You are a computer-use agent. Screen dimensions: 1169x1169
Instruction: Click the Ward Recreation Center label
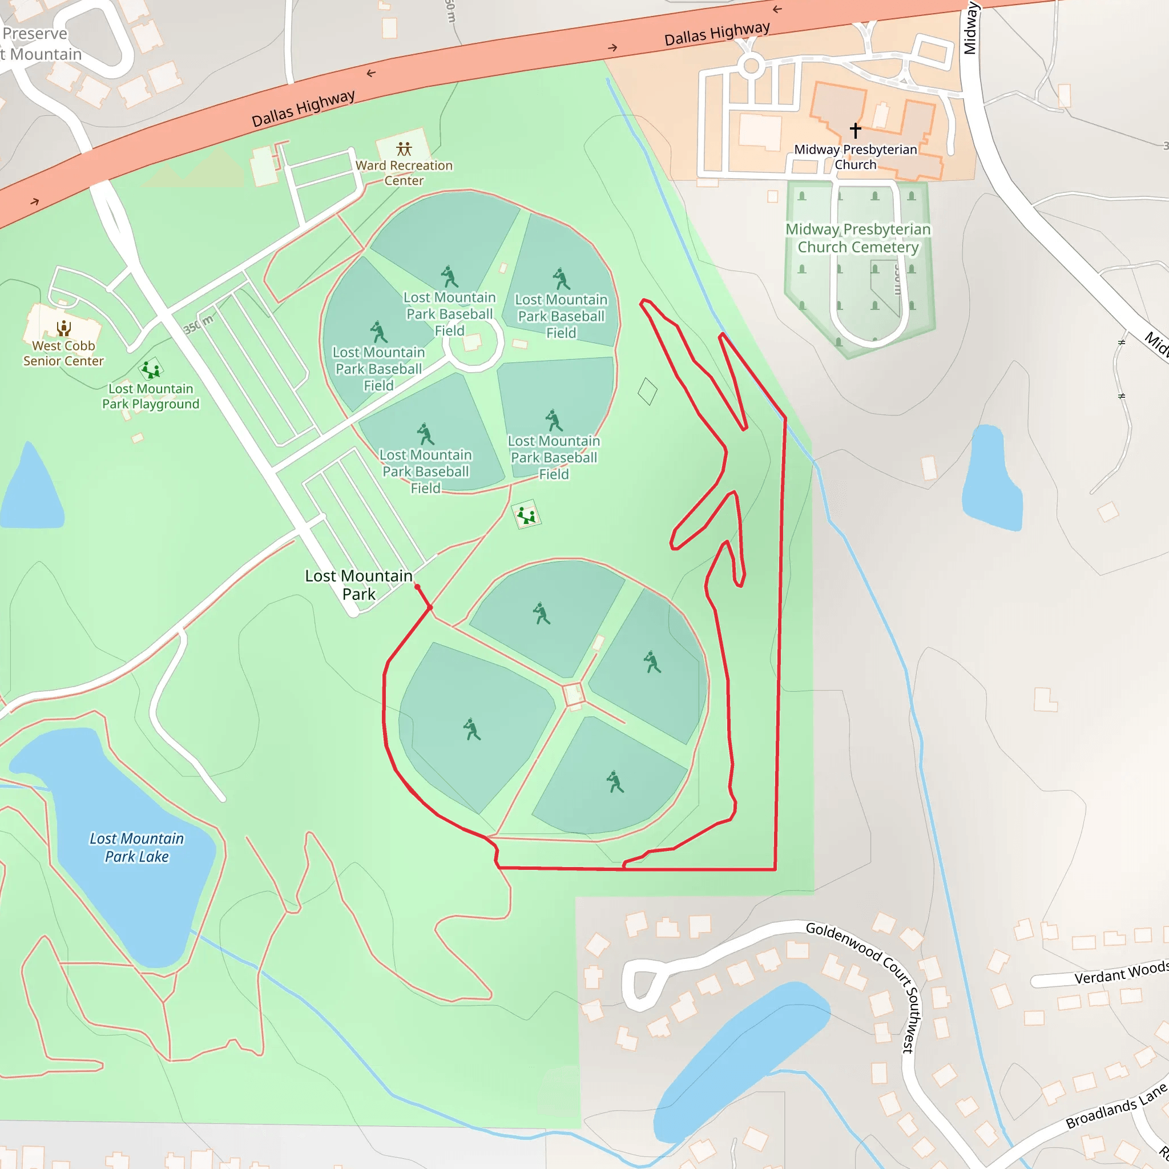(404, 173)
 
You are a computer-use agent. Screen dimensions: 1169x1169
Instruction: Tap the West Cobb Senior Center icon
(63, 328)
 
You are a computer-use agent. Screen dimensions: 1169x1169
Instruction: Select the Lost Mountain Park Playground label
(151, 396)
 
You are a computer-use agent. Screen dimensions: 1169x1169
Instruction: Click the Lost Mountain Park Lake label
(137, 847)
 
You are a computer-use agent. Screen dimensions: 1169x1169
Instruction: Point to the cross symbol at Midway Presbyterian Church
(855, 130)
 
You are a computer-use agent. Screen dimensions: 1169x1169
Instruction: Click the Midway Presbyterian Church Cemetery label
(858, 238)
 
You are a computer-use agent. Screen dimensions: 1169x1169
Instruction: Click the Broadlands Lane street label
(1116, 1106)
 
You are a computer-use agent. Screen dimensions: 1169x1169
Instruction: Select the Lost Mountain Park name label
(359, 584)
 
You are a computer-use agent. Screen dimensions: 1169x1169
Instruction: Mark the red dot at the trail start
(417, 587)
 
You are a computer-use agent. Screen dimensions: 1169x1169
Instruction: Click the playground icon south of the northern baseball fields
(526, 515)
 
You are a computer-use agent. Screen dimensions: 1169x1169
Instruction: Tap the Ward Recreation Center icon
(404, 148)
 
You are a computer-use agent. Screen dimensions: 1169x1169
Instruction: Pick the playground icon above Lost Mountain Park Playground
(151, 369)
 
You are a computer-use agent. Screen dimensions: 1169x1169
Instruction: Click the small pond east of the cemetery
(991, 478)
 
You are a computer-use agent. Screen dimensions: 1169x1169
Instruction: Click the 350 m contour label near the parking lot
(198, 325)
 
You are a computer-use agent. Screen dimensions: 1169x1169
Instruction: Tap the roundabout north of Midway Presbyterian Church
(752, 65)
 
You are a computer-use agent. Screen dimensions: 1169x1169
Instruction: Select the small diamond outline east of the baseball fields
(647, 391)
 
